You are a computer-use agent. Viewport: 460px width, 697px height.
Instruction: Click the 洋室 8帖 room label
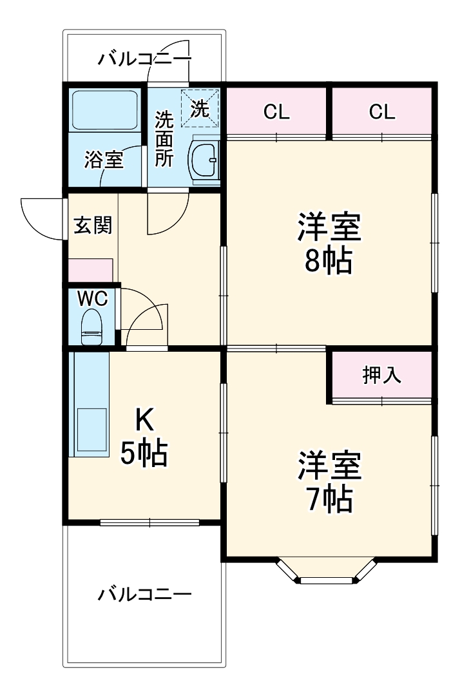tap(329, 243)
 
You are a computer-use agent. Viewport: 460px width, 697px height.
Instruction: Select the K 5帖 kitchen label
tap(144, 438)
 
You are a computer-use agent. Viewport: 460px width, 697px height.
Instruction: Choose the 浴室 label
tap(103, 160)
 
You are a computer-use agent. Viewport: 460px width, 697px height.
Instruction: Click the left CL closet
tap(276, 111)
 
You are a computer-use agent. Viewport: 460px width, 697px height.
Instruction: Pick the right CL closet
tap(381, 111)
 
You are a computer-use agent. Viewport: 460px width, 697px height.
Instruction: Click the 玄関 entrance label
tap(93, 225)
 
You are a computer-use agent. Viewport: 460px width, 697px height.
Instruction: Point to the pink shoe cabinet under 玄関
tap(91, 270)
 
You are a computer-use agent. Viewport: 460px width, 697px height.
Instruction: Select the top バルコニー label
tap(144, 60)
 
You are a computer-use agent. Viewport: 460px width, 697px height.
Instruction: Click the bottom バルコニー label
tap(144, 593)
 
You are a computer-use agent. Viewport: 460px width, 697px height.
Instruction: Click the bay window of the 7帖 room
tap(327, 575)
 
